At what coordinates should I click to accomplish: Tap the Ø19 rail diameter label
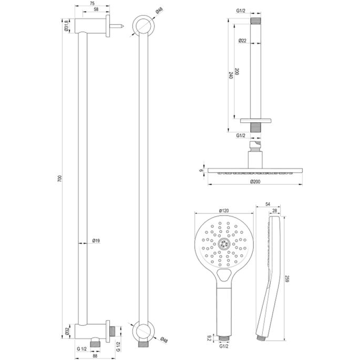[96, 241]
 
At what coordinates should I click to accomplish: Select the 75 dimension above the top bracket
[92, 4]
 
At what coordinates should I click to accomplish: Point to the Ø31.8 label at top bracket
[66, 27]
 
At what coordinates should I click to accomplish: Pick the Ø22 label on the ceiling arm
[242, 41]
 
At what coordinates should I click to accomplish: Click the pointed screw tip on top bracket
[121, 25]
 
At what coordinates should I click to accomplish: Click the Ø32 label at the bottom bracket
[67, 331]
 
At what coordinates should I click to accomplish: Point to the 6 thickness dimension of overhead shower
[201, 171]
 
